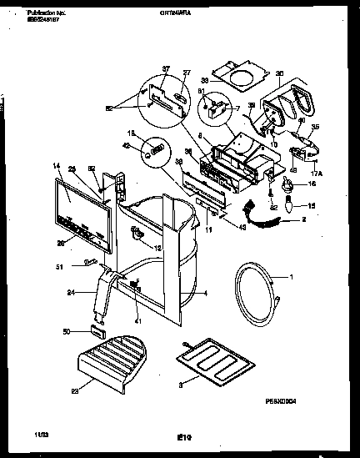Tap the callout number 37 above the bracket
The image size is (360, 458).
pos(165,68)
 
